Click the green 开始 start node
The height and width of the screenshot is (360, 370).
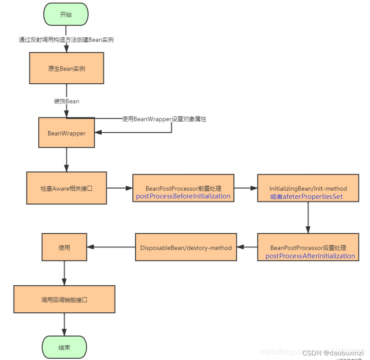[66, 14]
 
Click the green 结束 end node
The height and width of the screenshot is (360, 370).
[64, 347]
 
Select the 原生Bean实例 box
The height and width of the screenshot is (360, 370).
[67, 69]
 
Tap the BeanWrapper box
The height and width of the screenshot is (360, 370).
[67, 133]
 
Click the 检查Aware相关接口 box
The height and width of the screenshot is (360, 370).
[67, 188]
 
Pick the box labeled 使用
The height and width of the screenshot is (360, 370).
[64, 247]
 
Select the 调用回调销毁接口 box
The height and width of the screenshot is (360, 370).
[64, 299]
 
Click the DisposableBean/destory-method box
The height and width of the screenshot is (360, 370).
[186, 247]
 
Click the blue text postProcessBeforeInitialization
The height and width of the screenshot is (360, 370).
[183, 196]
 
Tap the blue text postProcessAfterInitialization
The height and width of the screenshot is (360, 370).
[310, 256]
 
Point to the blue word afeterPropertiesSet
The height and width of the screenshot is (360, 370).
[313, 197]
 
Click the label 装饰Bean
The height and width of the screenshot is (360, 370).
[67, 101]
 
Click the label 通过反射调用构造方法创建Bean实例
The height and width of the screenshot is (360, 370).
[66, 40]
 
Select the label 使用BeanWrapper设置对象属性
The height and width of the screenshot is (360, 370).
[164, 119]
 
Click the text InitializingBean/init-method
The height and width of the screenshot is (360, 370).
[308, 189]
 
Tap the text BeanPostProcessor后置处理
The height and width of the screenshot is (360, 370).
[308, 248]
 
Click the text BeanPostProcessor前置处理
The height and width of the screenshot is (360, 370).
[183, 189]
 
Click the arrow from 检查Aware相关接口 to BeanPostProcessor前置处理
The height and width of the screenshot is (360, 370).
[119, 188]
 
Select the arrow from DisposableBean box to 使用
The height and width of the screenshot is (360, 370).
[111, 247]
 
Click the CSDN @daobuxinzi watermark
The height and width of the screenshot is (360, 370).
[333, 353]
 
